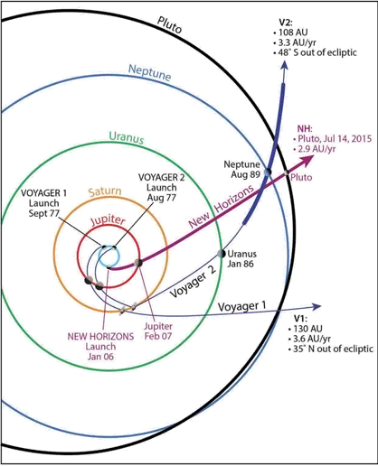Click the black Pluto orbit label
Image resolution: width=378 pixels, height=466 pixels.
(x=170, y=24)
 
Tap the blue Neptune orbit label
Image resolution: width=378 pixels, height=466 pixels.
(x=149, y=72)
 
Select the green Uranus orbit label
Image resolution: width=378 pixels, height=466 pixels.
(x=127, y=138)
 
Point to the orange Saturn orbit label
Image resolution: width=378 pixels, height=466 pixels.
(x=105, y=191)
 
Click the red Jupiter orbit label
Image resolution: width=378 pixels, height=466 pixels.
(x=108, y=220)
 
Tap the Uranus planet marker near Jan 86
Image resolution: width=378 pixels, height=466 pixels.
(x=222, y=254)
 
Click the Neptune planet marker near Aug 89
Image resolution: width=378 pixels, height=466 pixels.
(x=268, y=172)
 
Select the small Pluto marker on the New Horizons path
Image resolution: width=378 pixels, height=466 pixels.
(x=287, y=173)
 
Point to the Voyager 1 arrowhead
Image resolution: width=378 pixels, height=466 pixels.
(x=317, y=306)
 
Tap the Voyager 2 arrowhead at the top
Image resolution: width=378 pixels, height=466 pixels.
(x=284, y=65)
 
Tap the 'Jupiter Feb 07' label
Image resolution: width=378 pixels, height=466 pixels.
(x=158, y=331)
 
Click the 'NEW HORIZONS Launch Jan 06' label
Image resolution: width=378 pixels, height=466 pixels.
(x=100, y=346)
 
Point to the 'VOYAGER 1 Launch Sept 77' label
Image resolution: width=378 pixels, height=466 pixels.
(x=44, y=203)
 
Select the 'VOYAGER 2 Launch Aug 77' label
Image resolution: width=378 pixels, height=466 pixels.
(x=161, y=187)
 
